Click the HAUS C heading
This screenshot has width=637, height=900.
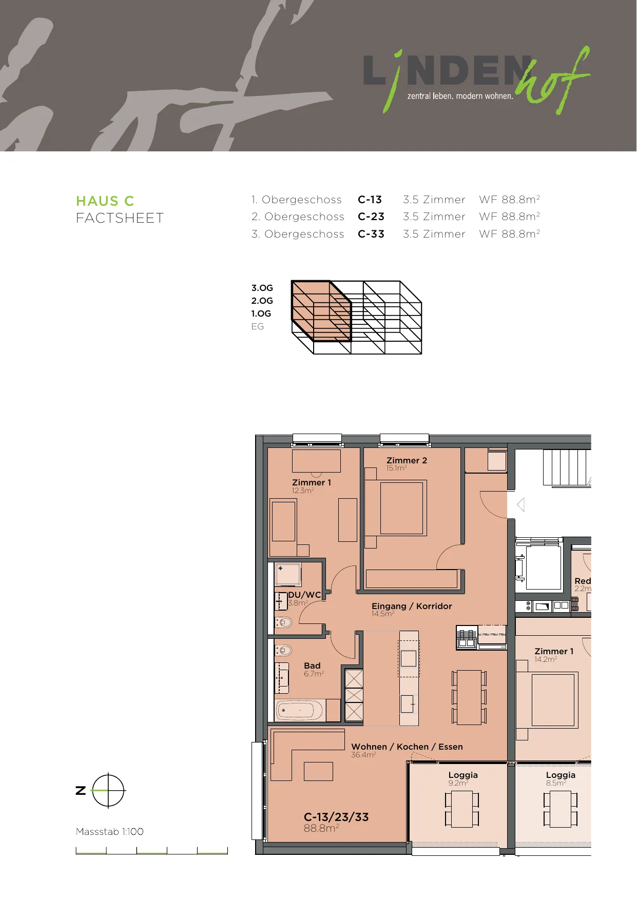click(x=105, y=201)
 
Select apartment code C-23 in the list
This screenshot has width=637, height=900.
click(x=371, y=217)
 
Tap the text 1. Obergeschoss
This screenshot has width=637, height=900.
click(x=297, y=200)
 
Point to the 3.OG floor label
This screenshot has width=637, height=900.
click(x=262, y=288)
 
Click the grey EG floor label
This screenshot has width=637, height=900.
click(x=257, y=326)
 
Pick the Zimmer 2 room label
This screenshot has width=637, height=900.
click(x=407, y=460)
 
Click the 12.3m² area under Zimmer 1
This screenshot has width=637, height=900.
click(x=303, y=491)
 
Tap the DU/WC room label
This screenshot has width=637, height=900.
click(x=304, y=595)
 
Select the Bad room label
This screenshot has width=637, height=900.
click(x=312, y=666)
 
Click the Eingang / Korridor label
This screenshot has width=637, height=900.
click(x=412, y=606)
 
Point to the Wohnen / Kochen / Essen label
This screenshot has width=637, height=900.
click(x=407, y=747)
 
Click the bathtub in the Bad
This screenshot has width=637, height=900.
click(x=300, y=711)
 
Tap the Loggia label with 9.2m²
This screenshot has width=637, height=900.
click(x=463, y=775)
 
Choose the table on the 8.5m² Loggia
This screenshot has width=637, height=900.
click(x=560, y=809)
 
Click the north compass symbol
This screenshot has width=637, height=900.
click(x=108, y=791)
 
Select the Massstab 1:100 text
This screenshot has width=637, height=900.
click(x=110, y=832)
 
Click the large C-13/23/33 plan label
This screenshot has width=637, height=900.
click(x=336, y=817)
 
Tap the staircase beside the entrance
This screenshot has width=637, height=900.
click(x=567, y=467)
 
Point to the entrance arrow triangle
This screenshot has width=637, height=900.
click(x=520, y=505)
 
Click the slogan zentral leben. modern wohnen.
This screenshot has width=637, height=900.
click(x=460, y=96)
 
